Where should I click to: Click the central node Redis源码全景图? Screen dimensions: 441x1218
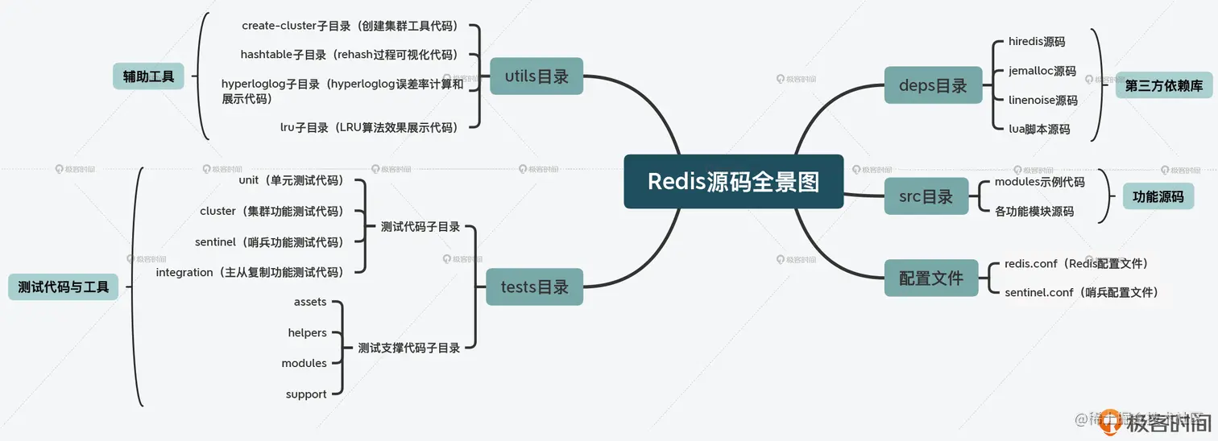pyautogui.click(x=733, y=181)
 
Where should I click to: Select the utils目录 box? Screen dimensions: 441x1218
pyautogui.click(x=536, y=76)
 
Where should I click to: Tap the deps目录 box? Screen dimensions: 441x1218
pyautogui.click(x=933, y=85)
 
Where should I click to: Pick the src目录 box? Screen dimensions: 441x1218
pyautogui.click(x=926, y=196)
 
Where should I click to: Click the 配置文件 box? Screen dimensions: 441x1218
pyautogui.click(x=931, y=278)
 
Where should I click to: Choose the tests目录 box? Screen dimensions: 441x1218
pyautogui.click(x=534, y=286)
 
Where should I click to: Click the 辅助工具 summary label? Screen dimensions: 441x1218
pyautogui.click(x=149, y=76)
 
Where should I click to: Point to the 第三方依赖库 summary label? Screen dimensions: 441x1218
pyautogui.click(x=1163, y=85)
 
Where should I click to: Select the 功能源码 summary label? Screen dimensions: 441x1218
pyautogui.click(x=1158, y=196)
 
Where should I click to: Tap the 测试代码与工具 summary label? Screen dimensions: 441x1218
pyautogui.click(x=63, y=286)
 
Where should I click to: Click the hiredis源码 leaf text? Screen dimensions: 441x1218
pyautogui.click(x=1036, y=41)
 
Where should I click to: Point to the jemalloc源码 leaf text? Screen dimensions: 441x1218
pyautogui.click(x=1042, y=71)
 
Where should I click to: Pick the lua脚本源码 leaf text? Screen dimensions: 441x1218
pyautogui.click(x=1038, y=129)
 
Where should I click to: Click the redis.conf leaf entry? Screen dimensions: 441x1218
pyautogui.click(x=1076, y=263)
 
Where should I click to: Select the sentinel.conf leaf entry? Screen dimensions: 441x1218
pyautogui.click(x=1081, y=292)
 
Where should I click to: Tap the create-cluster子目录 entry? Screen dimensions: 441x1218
pyautogui.click(x=350, y=26)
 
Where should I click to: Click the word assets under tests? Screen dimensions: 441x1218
pyautogui.click(x=310, y=302)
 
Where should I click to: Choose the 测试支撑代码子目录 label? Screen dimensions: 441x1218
pyautogui.click(x=408, y=348)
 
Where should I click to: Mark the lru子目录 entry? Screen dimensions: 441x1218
pyautogui.click(x=368, y=127)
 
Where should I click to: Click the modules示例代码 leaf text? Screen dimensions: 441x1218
pyautogui.click(x=1039, y=182)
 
